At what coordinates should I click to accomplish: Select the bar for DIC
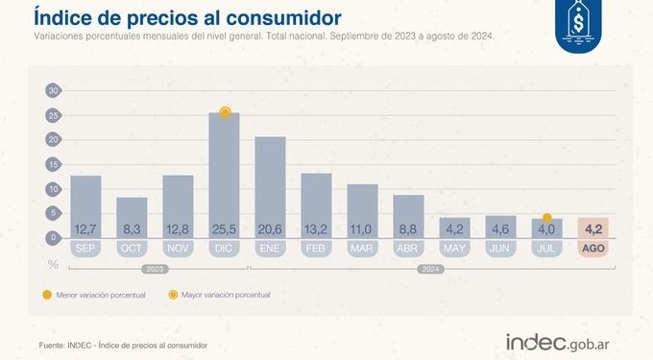[224, 173]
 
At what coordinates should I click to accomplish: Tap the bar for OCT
[132, 216]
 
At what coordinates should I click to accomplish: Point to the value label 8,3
[132, 228]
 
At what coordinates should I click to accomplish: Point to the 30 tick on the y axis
[53, 90]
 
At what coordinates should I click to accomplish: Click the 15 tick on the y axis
[53, 164]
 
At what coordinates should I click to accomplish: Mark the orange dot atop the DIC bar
[225, 112]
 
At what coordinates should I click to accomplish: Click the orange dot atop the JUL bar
[546, 218]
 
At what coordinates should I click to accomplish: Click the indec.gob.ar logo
[564, 342]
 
